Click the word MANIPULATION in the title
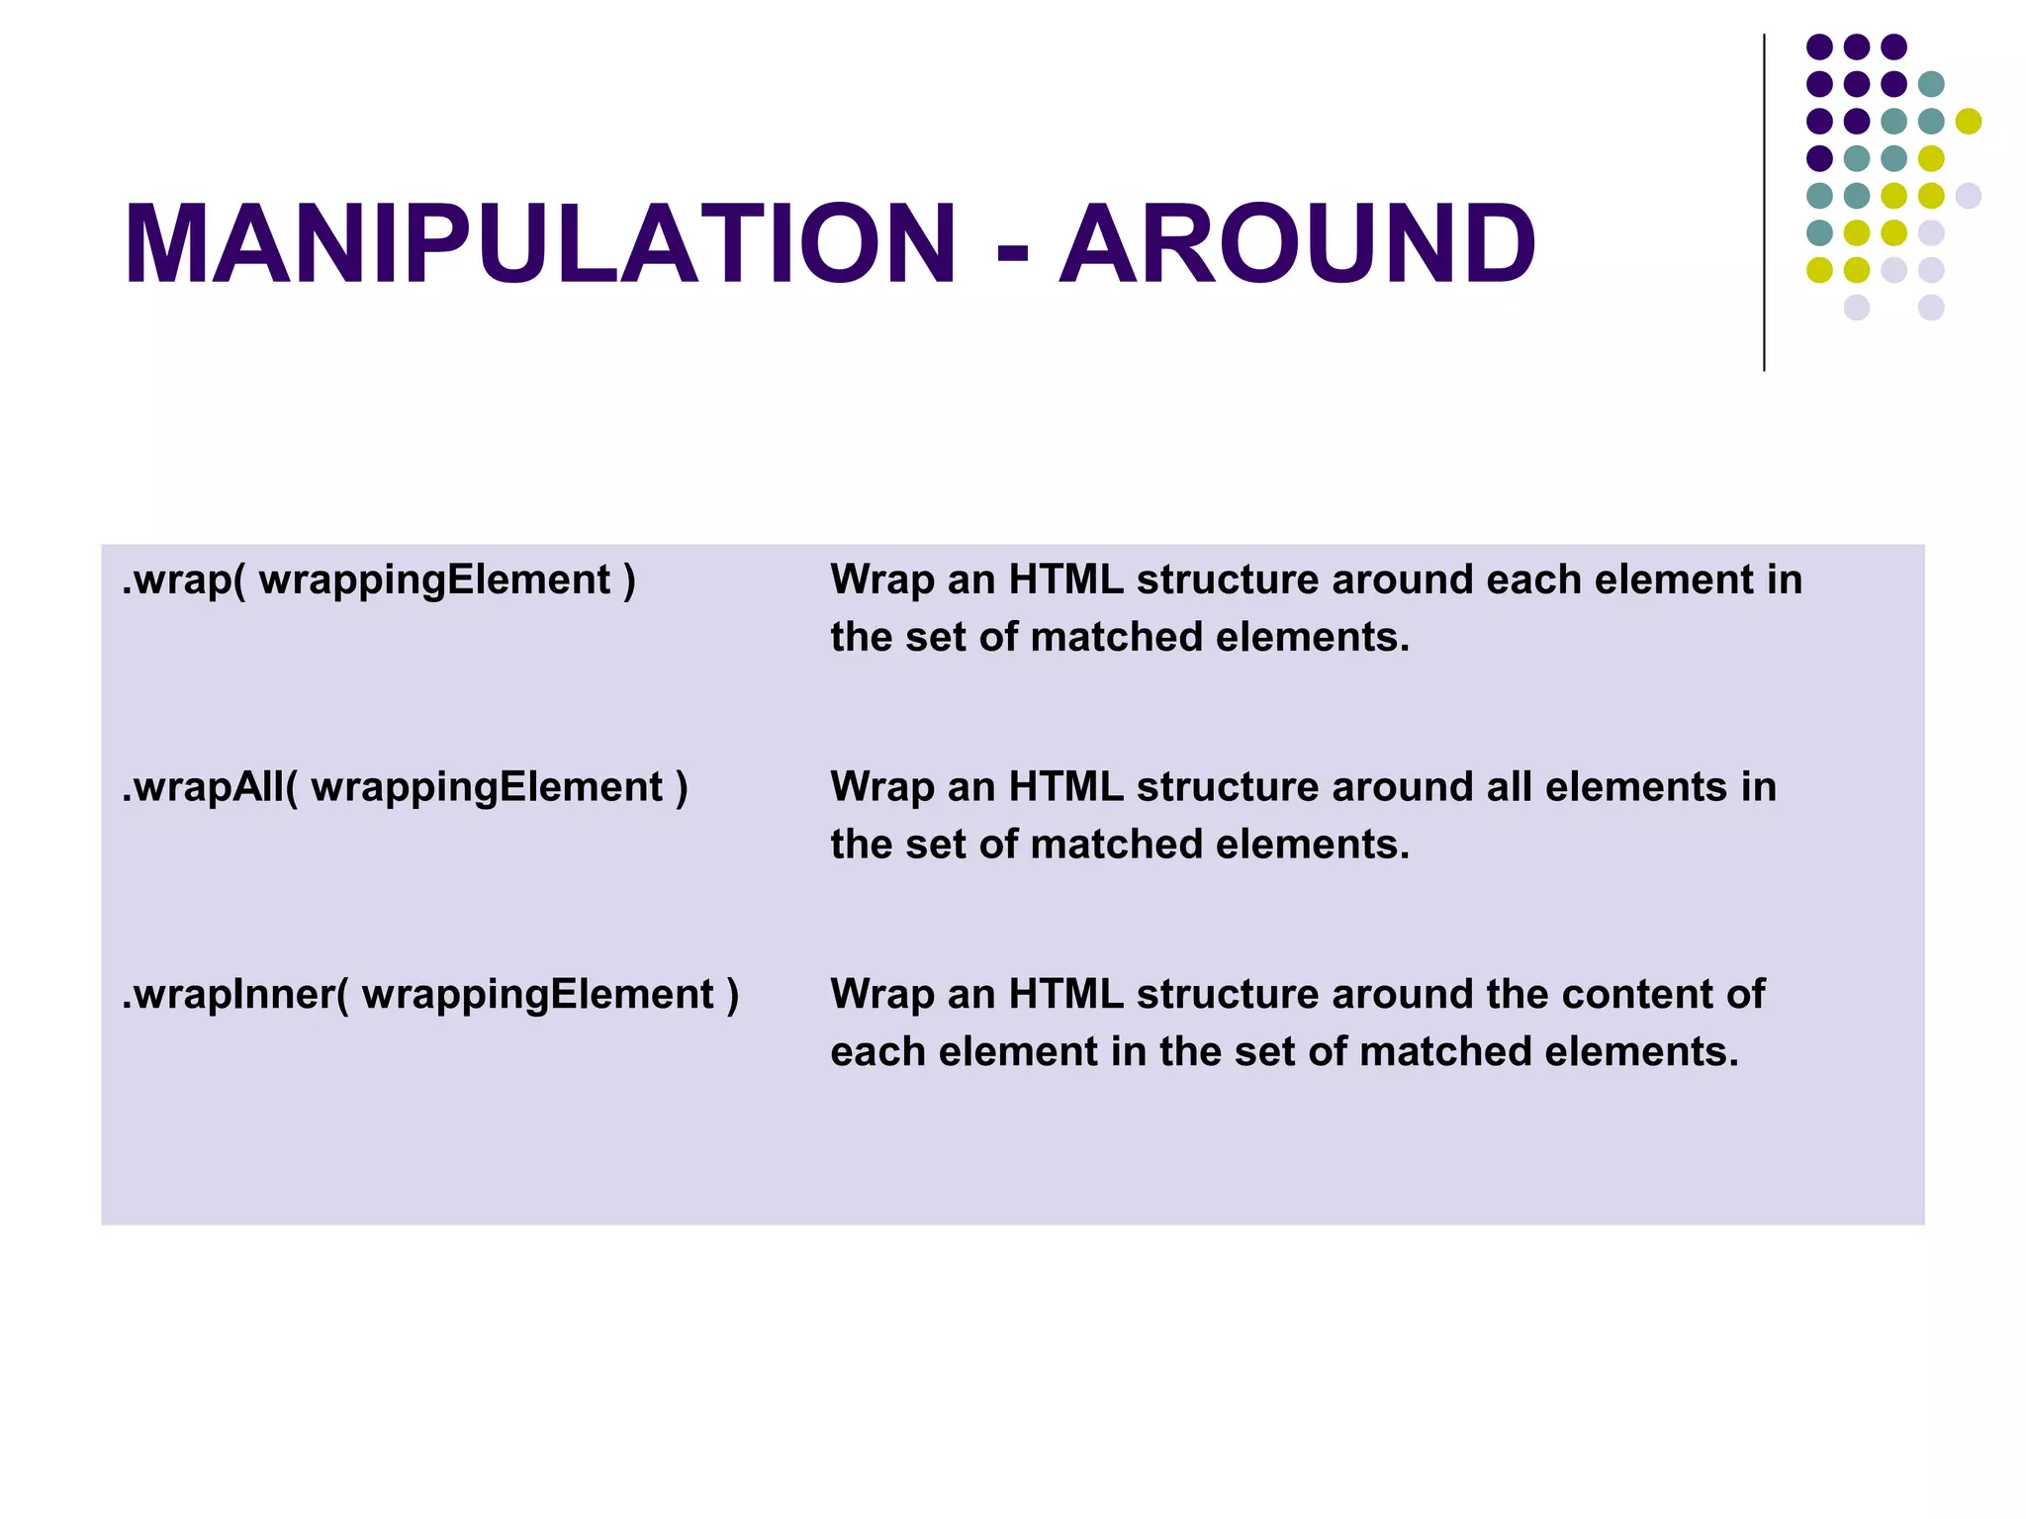click(540, 244)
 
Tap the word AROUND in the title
click(1298, 244)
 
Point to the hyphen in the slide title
click(1012, 249)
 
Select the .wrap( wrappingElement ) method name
click(379, 581)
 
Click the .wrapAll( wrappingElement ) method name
click(405, 788)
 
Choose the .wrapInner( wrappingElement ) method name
click(430, 995)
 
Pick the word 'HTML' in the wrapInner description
click(1065, 995)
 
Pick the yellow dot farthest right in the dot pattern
click(1969, 122)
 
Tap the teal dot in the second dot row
click(1931, 84)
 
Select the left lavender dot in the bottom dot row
click(1857, 308)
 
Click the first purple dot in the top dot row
click(1819, 46)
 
